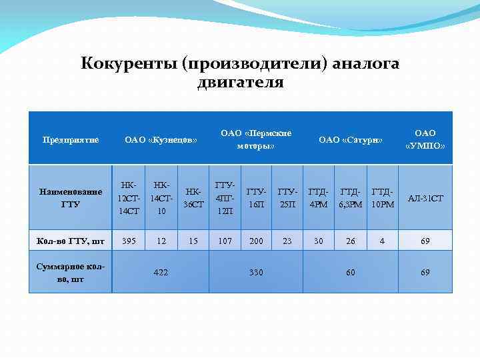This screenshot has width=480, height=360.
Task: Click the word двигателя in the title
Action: click(240, 82)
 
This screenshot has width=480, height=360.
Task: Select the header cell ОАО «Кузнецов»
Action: click(161, 140)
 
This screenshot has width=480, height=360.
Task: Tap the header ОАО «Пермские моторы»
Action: click(256, 139)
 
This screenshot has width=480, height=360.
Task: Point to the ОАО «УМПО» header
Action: click(425, 139)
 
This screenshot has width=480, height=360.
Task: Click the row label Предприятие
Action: click(71, 140)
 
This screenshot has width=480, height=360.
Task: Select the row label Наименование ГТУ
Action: click(70, 198)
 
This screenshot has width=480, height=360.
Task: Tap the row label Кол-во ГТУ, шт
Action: click(70, 241)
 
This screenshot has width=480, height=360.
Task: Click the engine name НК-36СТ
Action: click(193, 198)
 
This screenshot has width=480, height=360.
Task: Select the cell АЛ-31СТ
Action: click(425, 199)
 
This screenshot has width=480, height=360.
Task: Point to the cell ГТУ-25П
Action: click(287, 198)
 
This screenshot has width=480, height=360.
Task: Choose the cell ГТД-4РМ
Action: click(318, 198)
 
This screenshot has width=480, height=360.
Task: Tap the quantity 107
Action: click(225, 241)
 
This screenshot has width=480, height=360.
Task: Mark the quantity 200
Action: click(256, 241)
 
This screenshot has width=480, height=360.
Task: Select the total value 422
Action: click(161, 273)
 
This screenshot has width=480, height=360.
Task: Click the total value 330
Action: click(256, 273)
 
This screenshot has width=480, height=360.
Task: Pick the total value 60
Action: click(351, 273)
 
